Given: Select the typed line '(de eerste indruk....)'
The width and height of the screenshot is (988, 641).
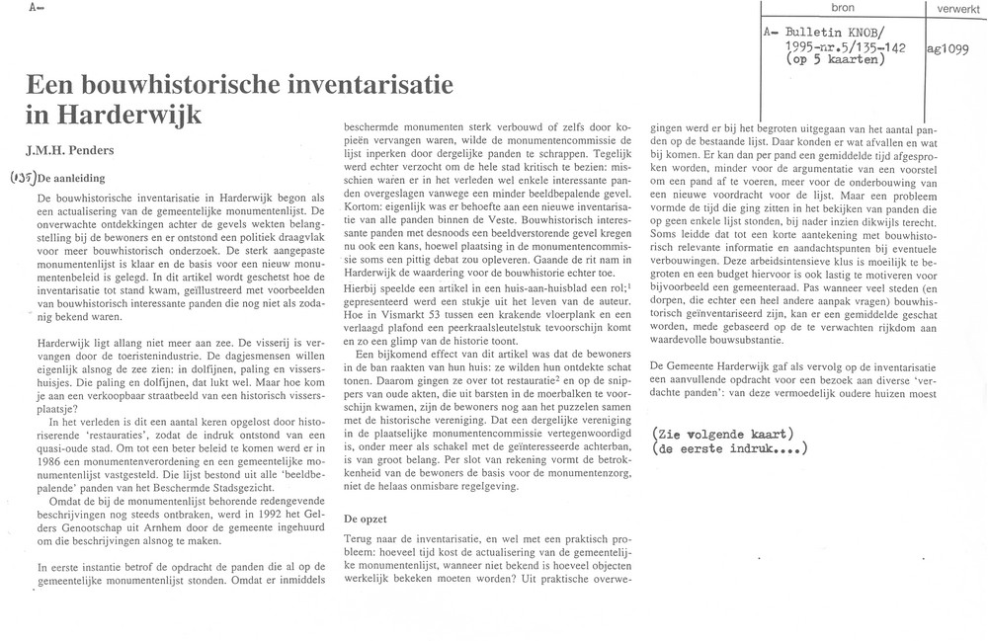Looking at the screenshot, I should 730,450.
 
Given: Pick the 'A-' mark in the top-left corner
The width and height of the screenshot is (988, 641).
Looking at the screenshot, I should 36,7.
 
